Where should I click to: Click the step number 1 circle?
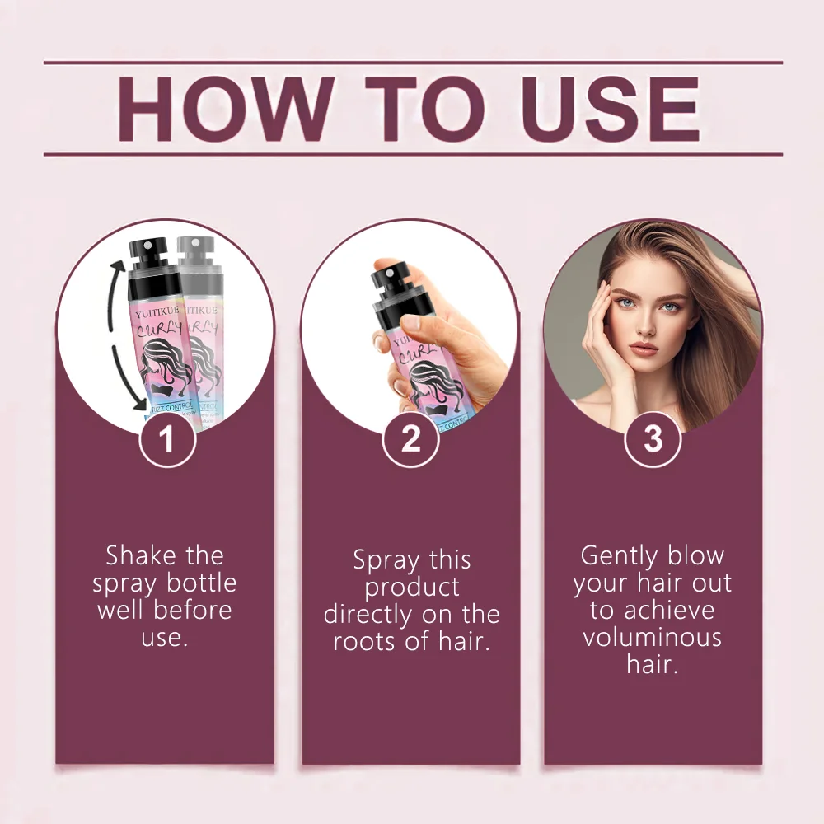click(167, 440)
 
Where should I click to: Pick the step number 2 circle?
click(410, 440)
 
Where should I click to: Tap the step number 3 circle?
click(653, 438)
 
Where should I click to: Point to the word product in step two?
click(412, 588)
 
